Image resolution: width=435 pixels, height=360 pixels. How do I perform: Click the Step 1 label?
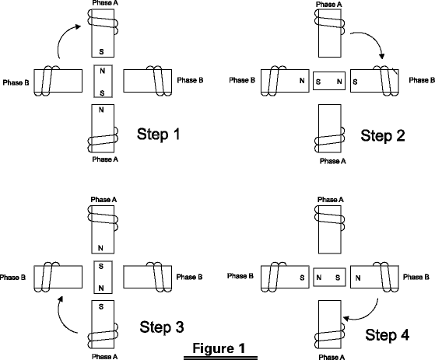[159, 135]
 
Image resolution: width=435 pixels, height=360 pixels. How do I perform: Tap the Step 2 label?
[383, 136]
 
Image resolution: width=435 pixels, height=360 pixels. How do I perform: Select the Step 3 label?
[162, 327]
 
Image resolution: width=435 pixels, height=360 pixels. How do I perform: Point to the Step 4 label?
[388, 335]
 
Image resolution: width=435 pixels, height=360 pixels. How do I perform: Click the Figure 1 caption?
[219, 348]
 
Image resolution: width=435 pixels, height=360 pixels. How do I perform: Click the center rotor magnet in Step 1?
[103, 81]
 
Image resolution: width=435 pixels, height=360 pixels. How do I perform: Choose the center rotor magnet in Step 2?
[329, 81]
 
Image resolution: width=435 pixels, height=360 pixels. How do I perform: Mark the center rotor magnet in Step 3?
[103, 277]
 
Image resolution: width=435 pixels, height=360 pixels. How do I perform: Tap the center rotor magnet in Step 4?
[329, 277]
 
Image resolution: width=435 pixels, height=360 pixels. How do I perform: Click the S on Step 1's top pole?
[101, 51]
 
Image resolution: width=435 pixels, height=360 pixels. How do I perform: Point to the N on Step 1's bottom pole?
[101, 110]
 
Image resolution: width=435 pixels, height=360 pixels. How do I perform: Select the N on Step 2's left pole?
[302, 81]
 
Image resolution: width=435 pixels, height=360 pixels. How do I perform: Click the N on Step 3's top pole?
[100, 248]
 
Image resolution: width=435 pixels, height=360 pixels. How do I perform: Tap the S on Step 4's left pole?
[302, 278]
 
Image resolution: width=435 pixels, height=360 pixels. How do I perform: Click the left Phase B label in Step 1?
[16, 82]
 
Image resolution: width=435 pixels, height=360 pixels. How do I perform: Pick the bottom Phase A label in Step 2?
[333, 161]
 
